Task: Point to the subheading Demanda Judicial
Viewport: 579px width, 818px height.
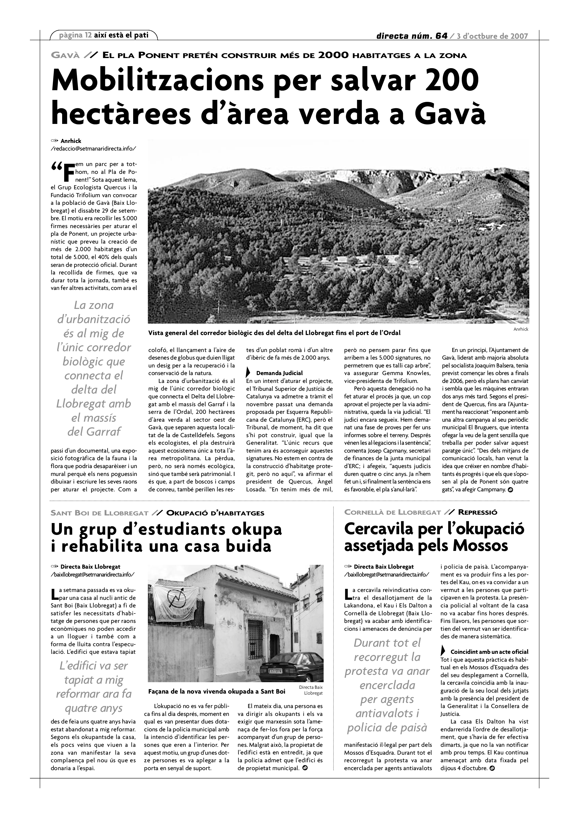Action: click(279, 373)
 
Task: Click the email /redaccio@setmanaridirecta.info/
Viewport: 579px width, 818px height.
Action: click(93, 148)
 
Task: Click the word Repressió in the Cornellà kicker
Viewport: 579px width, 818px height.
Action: click(477, 513)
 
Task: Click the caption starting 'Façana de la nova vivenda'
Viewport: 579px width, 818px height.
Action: click(216, 692)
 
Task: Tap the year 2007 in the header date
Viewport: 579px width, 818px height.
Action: click(519, 36)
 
